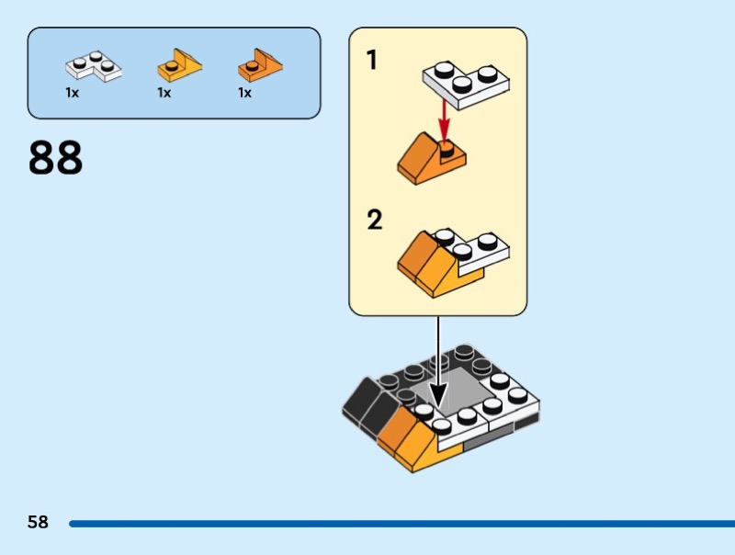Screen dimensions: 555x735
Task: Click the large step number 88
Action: pos(56,158)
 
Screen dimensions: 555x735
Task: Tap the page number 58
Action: pos(38,523)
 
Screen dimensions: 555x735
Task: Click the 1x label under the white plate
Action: pos(72,93)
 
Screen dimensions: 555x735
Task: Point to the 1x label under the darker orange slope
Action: pos(244,93)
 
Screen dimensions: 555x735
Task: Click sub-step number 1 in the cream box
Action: pos(372,62)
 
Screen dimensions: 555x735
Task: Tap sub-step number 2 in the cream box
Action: pos(375,221)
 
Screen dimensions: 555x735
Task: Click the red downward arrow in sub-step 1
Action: pos(444,118)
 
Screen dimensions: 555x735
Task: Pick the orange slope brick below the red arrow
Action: pos(428,158)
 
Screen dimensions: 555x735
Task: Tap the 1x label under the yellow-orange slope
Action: pos(164,93)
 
